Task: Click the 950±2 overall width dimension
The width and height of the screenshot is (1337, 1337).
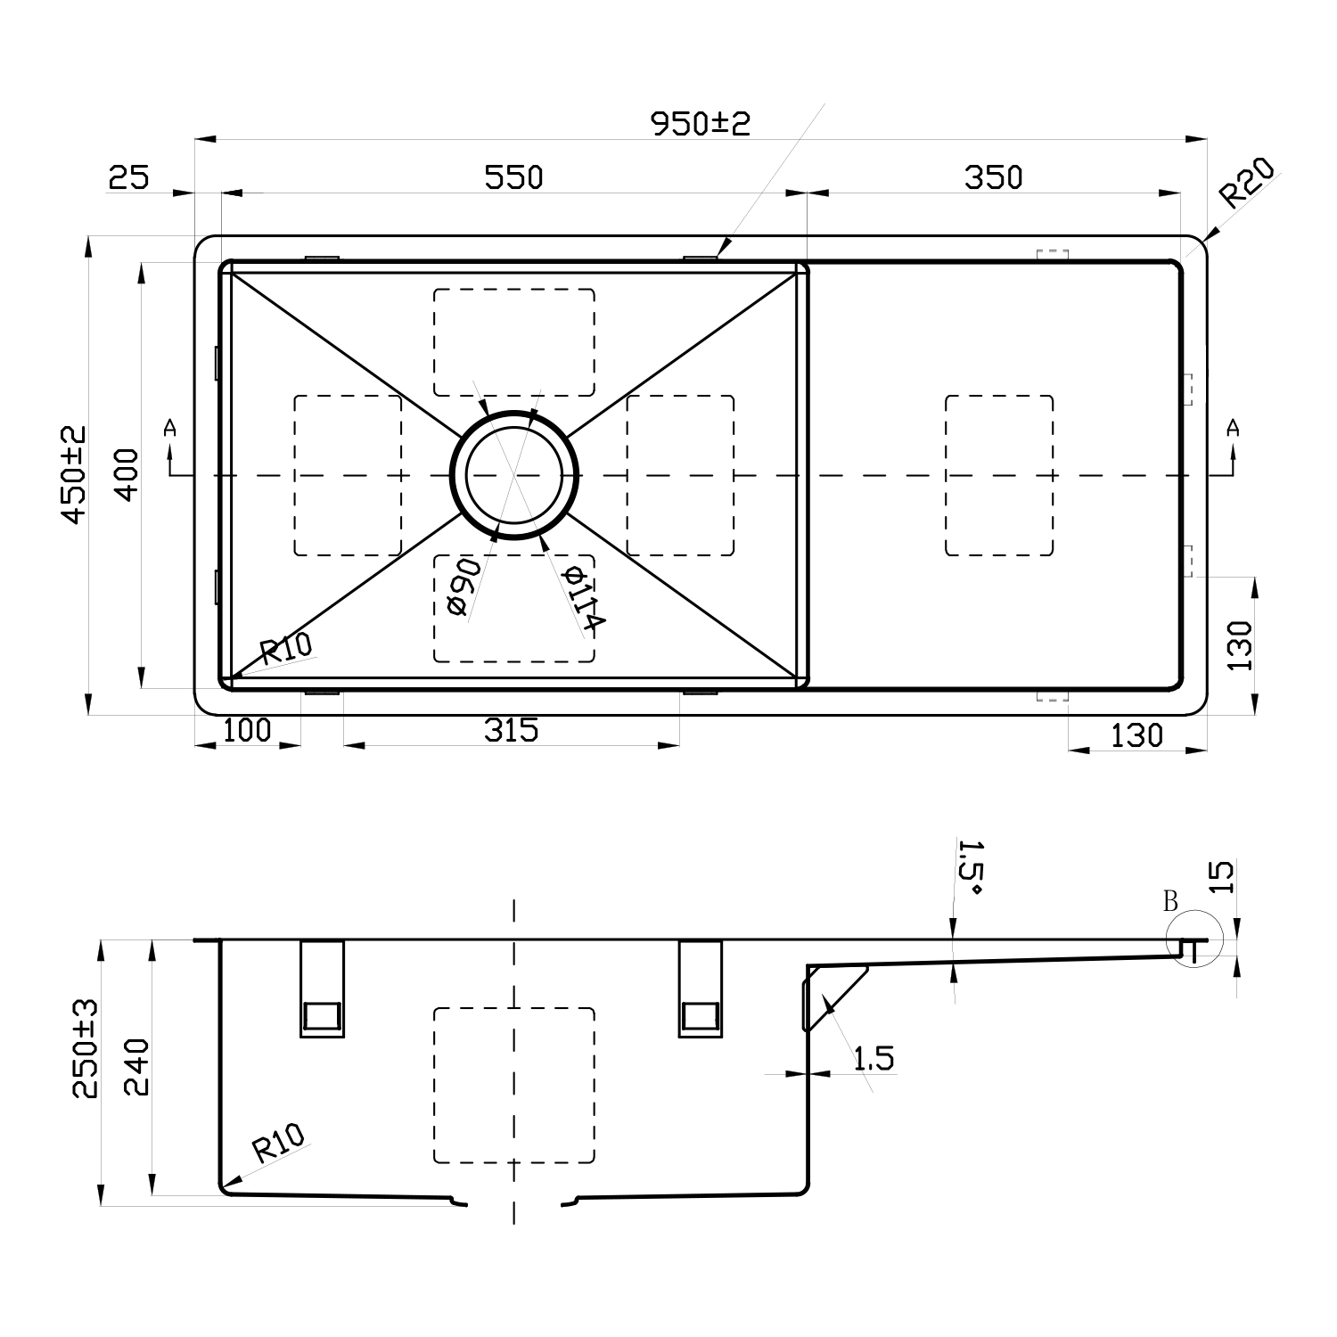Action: pos(701,123)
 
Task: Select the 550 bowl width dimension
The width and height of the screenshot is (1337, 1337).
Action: pos(513,177)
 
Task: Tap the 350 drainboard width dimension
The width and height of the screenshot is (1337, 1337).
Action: pos(993,177)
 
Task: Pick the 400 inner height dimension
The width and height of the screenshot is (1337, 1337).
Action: pos(127,474)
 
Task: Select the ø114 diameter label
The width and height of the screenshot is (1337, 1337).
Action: pos(584,598)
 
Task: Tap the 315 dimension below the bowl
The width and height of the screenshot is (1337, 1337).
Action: pos(512,730)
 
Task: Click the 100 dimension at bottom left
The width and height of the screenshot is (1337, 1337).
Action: pos(246,730)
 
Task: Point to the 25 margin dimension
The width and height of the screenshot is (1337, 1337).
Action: pos(128,177)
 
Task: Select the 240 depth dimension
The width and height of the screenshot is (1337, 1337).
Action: pos(136,1066)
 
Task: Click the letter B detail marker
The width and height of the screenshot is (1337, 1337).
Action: pos(1170,901)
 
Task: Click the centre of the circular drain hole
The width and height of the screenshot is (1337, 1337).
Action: pos(514,475)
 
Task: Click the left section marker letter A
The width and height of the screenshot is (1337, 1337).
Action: pos(170,429)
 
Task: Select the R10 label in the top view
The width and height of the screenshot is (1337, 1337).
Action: pos(286,648)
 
